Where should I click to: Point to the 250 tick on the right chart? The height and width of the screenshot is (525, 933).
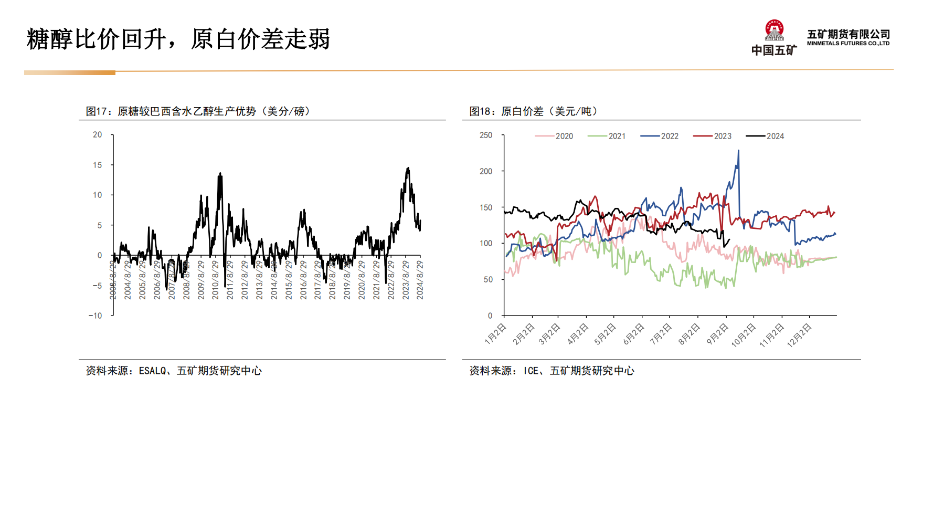coord(486,135)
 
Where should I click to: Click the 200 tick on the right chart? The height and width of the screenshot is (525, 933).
coord(486,171)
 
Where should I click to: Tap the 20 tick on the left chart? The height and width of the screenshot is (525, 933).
coord(98,135)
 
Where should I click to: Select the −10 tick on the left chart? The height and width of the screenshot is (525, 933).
coord(96,316)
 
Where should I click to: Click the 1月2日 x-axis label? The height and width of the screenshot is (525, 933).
coord(495,334)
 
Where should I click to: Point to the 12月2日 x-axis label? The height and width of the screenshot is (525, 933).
coord(799,335)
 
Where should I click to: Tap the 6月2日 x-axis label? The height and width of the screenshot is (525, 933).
coord(633,334)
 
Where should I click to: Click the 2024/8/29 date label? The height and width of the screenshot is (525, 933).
coord(420,280)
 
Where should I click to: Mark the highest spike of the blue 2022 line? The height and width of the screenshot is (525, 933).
coord(739,151)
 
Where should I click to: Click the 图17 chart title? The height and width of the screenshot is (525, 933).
coord(198,111)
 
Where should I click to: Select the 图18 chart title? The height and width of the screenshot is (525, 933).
coord(533,111)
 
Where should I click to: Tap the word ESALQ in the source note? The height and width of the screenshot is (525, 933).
coord(152,371)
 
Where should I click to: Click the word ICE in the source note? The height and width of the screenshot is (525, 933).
coord(531,371)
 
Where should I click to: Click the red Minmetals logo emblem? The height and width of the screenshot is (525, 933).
coord(774,30)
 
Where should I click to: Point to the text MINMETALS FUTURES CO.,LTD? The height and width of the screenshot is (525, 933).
coord(848,44)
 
